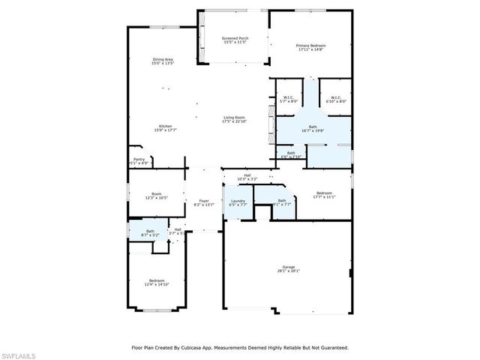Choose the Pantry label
coord(139,160)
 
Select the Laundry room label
coord(238,202)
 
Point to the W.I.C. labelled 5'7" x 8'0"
coord(288,98)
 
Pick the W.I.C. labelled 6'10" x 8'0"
coord(334,98)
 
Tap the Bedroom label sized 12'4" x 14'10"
coord(157,282)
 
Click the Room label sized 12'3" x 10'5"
coord(157,195)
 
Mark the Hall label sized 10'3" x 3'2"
coord(247,178)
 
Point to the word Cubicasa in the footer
coord(214,347)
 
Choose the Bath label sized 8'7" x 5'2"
coord(150,233)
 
